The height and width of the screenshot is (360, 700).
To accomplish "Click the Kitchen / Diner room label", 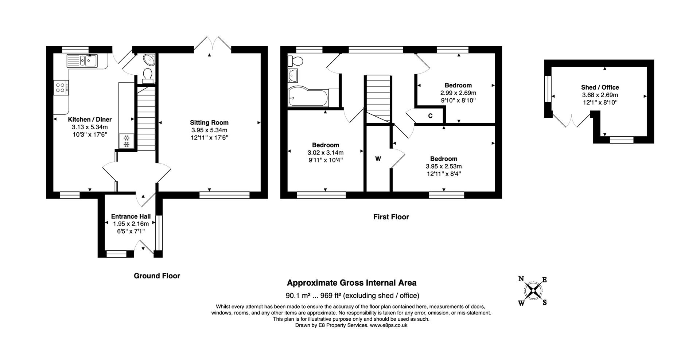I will click(x=90, y=120).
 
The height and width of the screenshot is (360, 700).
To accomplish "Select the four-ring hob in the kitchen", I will click(x=61, y=87).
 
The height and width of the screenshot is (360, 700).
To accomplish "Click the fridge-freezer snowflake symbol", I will click(x=127, y=141).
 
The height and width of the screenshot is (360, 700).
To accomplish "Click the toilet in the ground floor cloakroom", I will click(x=148, y=74).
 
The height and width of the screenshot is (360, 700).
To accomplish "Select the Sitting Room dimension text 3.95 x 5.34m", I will click(x=209, y=130).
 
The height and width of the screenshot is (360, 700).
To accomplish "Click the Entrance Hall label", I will click(x=131, y=216).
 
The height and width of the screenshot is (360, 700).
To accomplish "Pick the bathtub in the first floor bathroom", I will click(x=308, y=97).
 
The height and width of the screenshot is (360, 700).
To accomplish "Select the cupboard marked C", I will click(x=430, y=116).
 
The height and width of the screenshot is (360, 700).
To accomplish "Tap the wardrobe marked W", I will click(x=378, y=159).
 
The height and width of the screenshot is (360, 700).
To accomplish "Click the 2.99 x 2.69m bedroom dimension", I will click(x=458, y=93).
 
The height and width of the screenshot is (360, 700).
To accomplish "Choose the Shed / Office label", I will click(x=600, y=87).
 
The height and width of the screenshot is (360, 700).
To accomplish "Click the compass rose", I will click(x=533, y=291).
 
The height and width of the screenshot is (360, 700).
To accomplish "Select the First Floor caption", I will click(x=391, y=217).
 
